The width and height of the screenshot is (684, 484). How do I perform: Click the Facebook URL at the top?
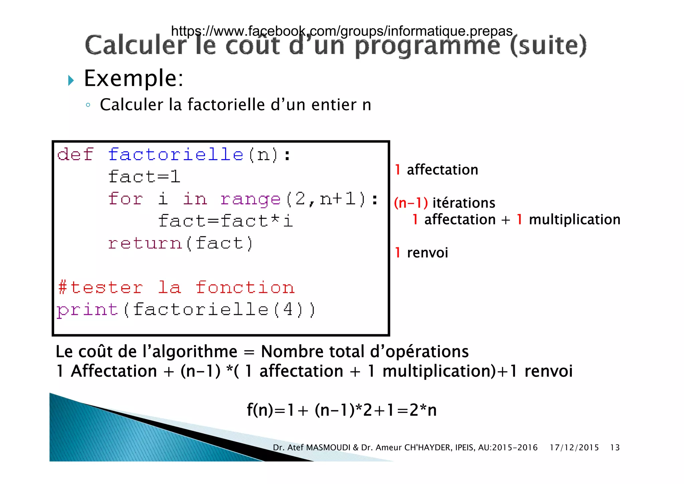pos(341,31)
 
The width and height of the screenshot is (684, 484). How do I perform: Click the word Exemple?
pos(134,79)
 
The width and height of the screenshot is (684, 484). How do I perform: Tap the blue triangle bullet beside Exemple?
pos(71,80)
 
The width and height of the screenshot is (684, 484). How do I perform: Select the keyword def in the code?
pos(75,155)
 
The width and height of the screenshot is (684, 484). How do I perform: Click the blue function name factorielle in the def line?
pos(176,155)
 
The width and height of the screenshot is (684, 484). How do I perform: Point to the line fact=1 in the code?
pos(144,177)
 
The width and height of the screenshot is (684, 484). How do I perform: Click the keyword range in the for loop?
pos(250,199)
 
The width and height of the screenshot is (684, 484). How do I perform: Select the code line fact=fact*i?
pos(225,221)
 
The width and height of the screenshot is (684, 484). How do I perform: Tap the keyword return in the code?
pos(145,243)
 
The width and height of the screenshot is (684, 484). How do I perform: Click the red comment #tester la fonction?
pos(176,288)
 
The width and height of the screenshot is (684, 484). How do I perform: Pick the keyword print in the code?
pos(88,310)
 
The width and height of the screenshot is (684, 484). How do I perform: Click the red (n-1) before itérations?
pos(411,203)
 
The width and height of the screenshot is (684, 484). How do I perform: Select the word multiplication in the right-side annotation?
pos(574,220)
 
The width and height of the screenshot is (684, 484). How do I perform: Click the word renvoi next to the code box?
pos(427,253)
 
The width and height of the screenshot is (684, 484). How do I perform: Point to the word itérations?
pos(464,203)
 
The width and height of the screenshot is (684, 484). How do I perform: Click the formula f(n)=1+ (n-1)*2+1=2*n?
pos(341,410)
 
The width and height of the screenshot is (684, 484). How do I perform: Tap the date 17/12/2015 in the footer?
pos(574,448)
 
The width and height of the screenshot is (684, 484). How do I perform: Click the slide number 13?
pos(615,448)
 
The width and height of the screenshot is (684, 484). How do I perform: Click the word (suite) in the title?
pos(548,45)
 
